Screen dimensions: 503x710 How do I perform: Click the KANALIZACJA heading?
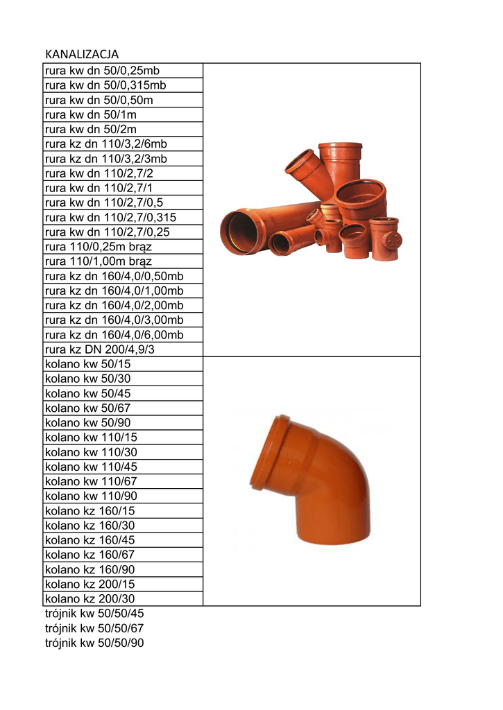[82, 54]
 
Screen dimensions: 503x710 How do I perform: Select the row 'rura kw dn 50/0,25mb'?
[123, 71]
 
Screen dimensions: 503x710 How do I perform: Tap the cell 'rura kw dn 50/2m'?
[123, 129]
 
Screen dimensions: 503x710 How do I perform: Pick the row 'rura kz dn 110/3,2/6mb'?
[123, 144]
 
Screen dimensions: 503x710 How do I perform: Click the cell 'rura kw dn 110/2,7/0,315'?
[123, 217]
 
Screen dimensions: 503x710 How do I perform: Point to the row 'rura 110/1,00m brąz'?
[123, 261]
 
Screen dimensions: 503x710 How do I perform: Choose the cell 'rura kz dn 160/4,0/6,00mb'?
[123, 335]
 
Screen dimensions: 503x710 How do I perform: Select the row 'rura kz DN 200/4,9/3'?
[123, 349]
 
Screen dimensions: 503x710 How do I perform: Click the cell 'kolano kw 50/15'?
[123, 364]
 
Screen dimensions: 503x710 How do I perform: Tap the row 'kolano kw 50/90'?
[123, 422]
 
